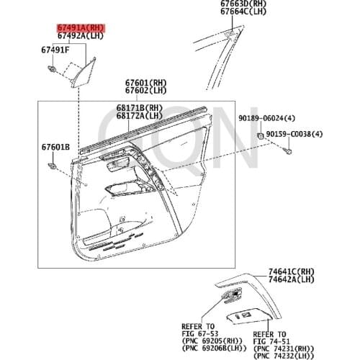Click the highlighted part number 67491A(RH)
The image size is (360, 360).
(x=81, y=27)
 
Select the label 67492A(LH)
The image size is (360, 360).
(x=81, y=35)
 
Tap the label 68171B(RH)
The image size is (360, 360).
(x=140, y=107)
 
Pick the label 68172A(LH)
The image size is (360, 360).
(x=140, y=115)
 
